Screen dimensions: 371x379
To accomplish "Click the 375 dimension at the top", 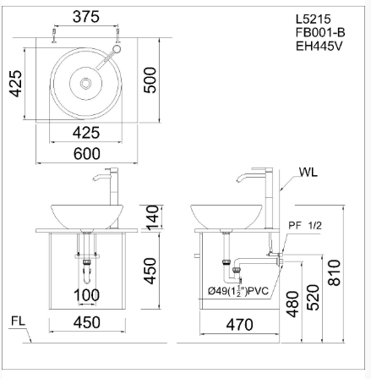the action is point(86,17).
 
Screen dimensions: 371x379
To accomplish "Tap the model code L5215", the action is point(314,19).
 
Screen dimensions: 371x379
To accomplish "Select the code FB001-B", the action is point(320,32).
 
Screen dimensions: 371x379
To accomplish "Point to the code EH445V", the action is point(319,46).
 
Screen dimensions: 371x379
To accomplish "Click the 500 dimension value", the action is point(150,80).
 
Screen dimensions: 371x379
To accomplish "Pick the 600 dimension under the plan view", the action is point(87,154).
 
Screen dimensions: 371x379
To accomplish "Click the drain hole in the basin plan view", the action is point(85,84).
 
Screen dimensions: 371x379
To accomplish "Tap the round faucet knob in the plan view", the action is point(117,49).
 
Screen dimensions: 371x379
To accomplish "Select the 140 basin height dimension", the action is point(153,217).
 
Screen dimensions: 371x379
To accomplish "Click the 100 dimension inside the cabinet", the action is point(86,295).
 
